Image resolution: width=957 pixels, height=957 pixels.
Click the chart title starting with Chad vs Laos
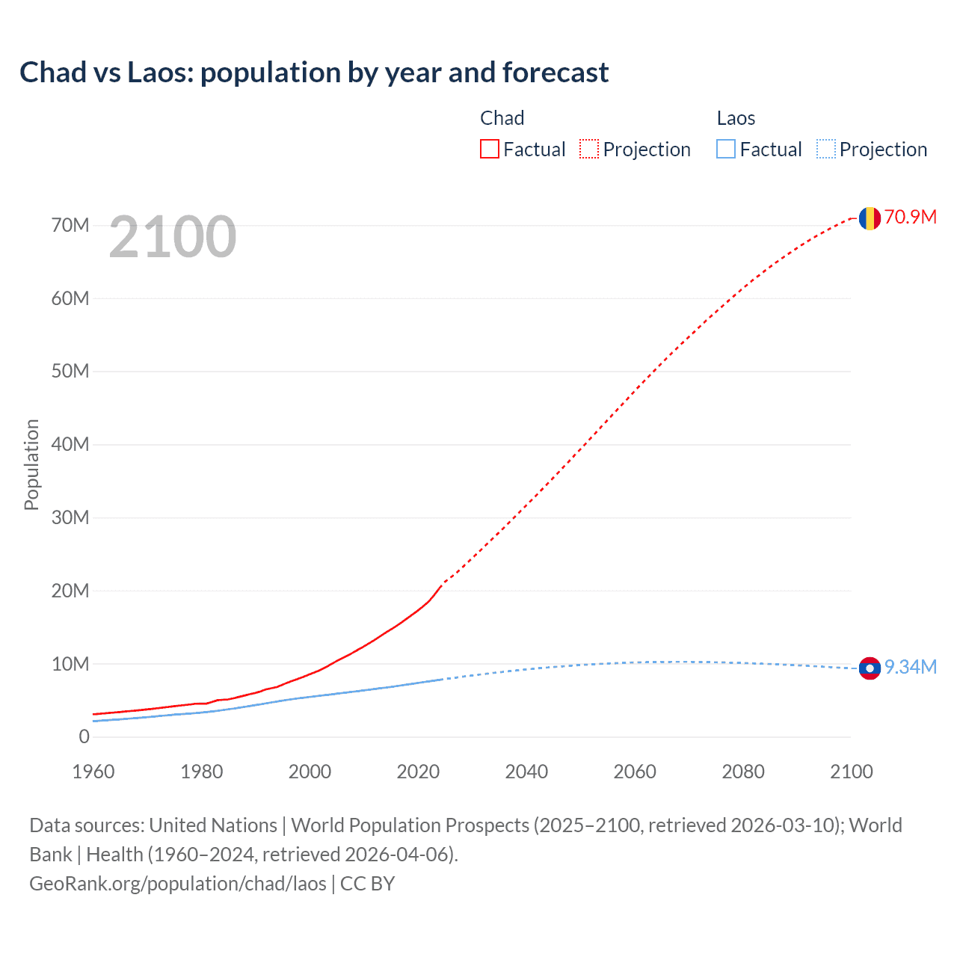(x=314, y=73)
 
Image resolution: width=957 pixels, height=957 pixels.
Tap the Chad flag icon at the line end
(x=870, y=218)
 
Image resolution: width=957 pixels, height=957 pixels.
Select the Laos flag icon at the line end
(x=870, y=668)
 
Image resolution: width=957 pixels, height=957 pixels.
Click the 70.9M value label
(x=910, y=218)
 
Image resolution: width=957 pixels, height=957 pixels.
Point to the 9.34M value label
(x=910, y=668)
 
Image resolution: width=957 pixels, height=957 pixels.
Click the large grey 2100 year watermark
(x=173, y=237)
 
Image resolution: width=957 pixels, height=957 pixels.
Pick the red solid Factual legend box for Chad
(x=490, y=150)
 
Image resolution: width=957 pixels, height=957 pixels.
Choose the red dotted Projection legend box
(x=589, y=150)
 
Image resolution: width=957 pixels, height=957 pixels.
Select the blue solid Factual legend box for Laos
(x=726, y=150)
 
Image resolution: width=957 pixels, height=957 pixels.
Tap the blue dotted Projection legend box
(x=826, y=150)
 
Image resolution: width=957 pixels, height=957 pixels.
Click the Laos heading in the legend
(x=736, y=118)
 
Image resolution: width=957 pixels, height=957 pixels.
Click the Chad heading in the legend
(x=502, y=118)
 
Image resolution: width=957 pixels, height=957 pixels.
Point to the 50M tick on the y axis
(x=70, y=372)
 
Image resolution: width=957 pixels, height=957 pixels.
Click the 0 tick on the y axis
(x=84, y=737)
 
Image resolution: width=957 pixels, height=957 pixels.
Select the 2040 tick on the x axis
(x=526, y=772)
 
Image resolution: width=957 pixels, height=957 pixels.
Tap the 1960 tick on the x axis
(x=93, y=772)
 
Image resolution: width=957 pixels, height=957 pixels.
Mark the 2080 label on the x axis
(x=743, y=772)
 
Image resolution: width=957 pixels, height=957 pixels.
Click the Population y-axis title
(x=31, y=464)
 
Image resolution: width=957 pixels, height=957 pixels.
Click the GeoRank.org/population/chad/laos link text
(x=178, y=884)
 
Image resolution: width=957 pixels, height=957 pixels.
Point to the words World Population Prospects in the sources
(x=410, y=825)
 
